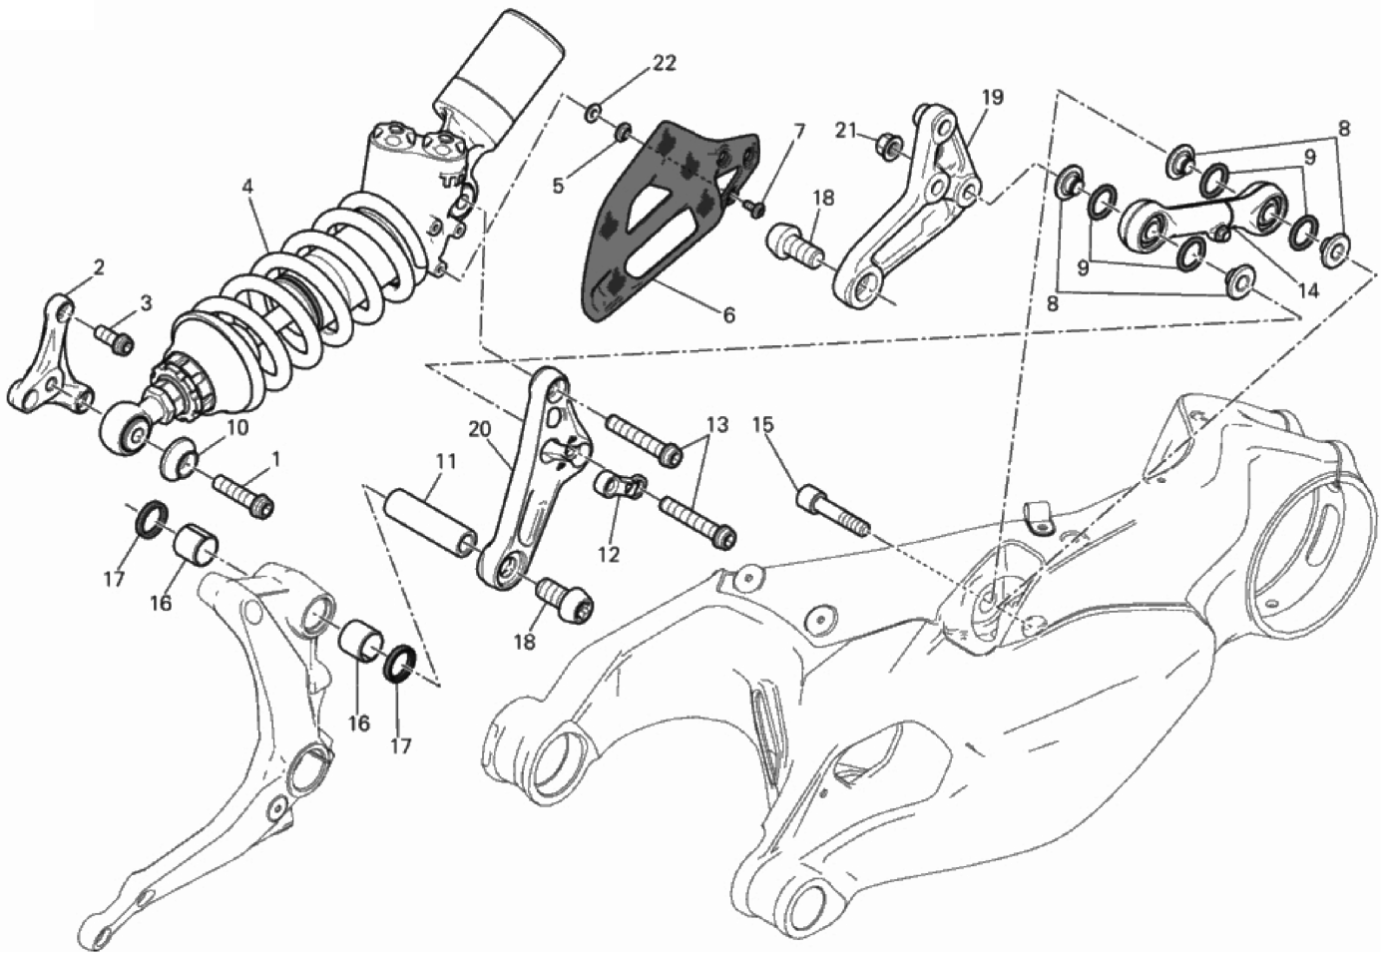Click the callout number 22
[664, 63]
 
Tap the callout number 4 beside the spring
[245, 187]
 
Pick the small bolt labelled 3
[115, 340]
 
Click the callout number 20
[478, 431]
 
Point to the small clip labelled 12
[620, 487]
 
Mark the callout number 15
[763, 423]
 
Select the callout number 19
[991, 98]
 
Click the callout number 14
[1307, 291]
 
